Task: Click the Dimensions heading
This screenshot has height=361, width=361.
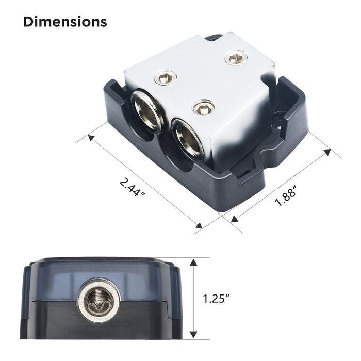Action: click(65, 22)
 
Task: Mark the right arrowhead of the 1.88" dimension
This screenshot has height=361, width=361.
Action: click(326, 153)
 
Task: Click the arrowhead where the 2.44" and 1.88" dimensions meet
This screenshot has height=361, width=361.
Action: click(198, 224)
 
